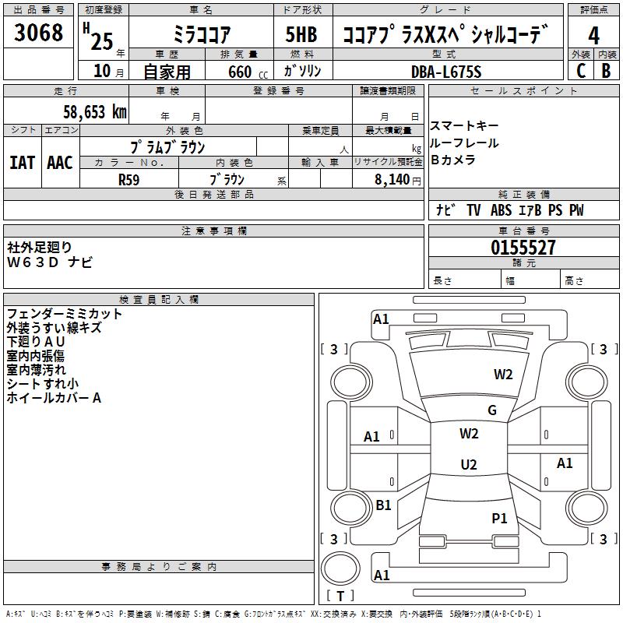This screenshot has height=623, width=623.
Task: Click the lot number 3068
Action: point(39,33)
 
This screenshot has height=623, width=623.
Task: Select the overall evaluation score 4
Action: point(593,35)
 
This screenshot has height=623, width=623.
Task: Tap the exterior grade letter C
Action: point(581,70)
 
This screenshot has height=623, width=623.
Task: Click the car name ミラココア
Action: point(201,34)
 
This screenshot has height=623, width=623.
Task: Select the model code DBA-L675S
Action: point(447,72)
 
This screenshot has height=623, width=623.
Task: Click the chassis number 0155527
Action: point(523,248)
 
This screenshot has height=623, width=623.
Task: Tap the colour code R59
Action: point(129,179)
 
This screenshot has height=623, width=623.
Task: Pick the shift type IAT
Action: point(22,163)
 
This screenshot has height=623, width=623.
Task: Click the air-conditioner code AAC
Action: point(60,163)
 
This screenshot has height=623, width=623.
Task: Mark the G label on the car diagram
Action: point(492,410)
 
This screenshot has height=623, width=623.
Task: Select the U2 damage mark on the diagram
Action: point(469,465)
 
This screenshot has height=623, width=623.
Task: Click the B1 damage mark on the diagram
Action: point(383,505)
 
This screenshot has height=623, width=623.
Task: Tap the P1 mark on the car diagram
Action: point(499,518)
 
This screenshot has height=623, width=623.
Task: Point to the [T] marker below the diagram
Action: point(340,596)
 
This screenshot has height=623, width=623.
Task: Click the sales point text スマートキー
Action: point(464,126)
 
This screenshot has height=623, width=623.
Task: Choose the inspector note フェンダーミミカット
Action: point(65,314)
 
